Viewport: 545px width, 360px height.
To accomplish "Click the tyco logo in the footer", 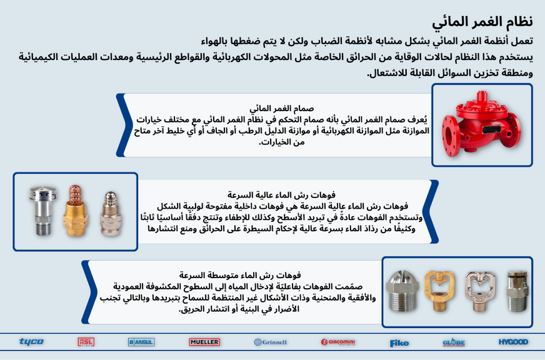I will [31, 342].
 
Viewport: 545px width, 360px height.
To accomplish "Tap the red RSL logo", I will [86, 342].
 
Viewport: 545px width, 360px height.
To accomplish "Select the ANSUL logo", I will [141, 342].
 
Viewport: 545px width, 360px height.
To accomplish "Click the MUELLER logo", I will [204, 342].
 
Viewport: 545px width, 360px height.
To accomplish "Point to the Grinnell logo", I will [270, 342].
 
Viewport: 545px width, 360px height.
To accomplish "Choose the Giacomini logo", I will [337, 342].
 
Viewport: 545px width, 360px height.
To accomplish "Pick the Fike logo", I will [399, 342].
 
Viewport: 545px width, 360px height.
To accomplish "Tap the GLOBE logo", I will [453, 342].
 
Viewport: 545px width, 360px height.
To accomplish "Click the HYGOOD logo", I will [513, 342].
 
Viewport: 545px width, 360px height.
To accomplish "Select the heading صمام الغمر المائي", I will [289, 108].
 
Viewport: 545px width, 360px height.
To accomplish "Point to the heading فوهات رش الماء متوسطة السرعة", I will [239, 274].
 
